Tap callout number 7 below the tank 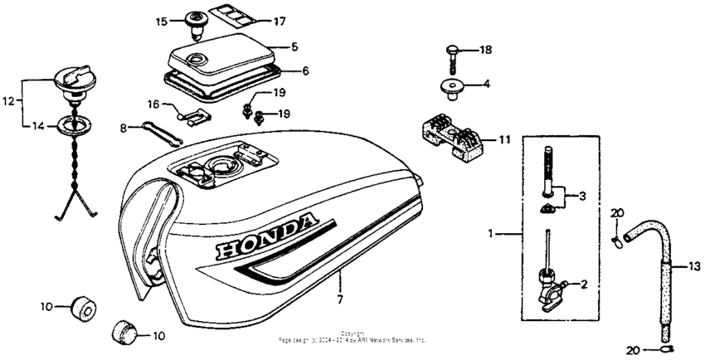click(338, 297)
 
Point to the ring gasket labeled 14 click(72, 127)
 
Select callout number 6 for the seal click(305, 71)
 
